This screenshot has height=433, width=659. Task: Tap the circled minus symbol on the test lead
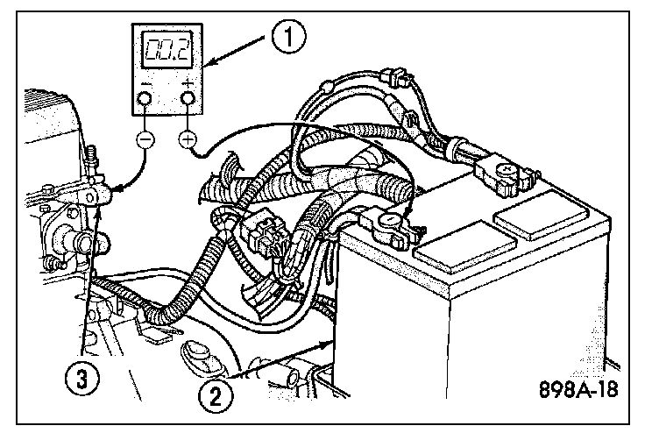point(146,138)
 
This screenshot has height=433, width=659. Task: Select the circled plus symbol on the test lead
point(188,138)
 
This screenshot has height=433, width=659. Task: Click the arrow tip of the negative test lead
point(110,187)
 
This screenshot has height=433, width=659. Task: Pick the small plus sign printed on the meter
point(188,82)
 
